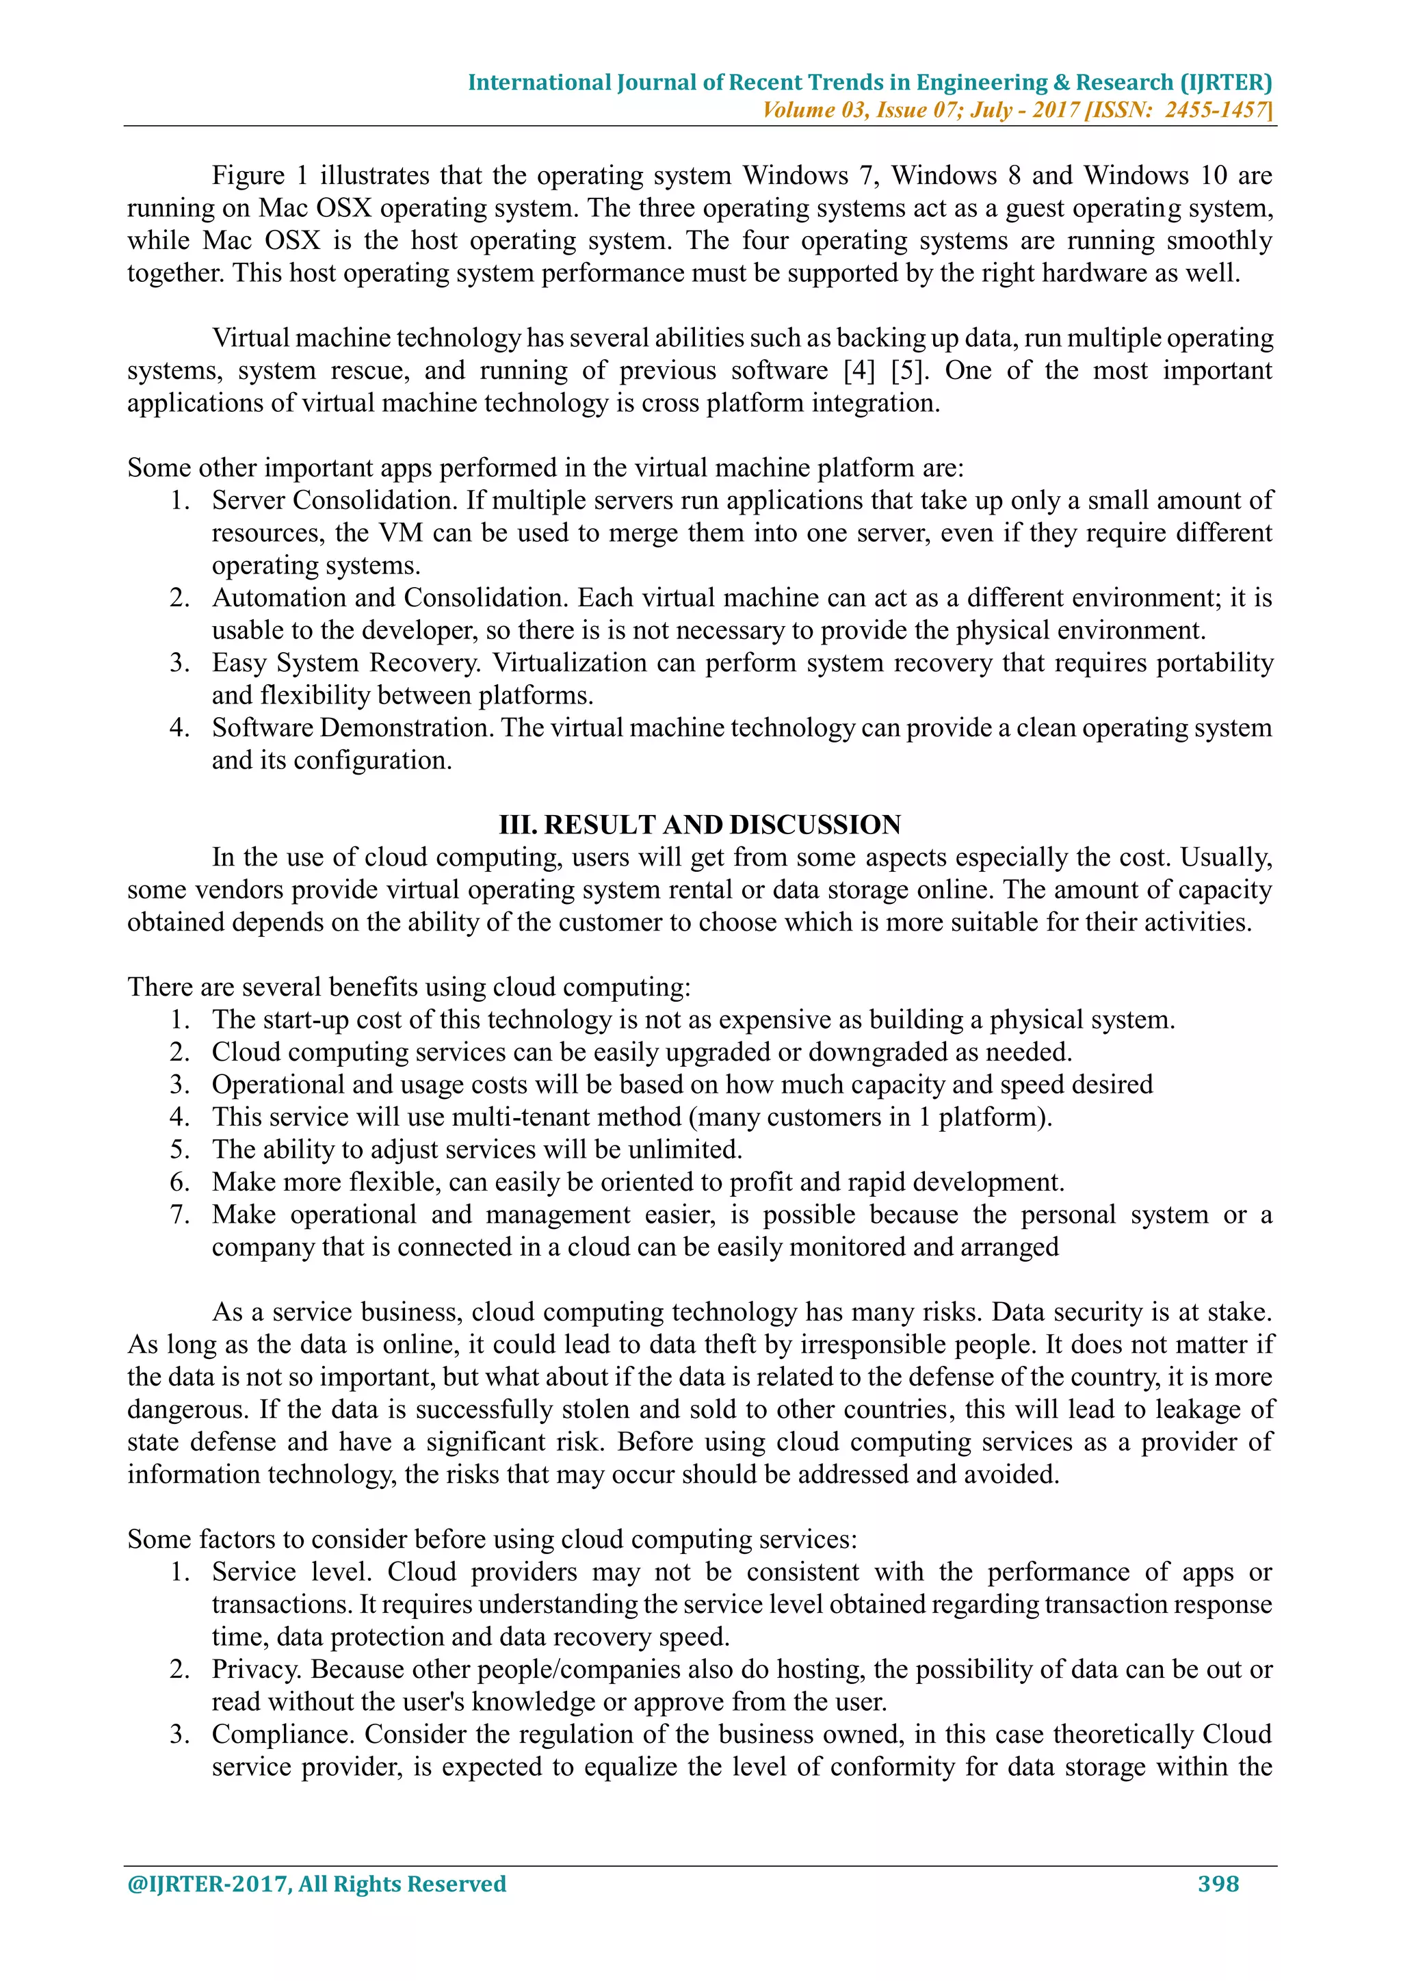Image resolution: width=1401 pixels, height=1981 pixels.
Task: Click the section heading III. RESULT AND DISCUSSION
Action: (700, 825)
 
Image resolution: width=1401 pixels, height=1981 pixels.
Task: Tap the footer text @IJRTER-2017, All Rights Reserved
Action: (317, 1884)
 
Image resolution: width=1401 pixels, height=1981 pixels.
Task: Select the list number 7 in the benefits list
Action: (179, 1215)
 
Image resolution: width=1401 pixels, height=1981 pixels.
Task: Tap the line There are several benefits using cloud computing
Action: (409, 987)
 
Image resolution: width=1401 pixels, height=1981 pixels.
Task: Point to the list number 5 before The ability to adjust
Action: (179, 1150)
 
